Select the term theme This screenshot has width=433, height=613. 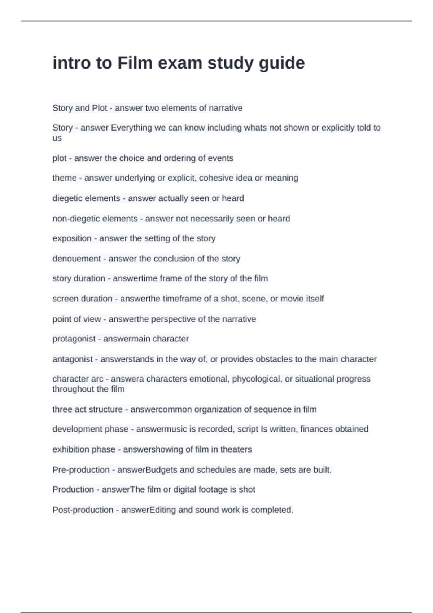click(64, 178)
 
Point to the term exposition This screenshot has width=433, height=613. click(72, 238)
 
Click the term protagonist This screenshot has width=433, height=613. click(74, 339)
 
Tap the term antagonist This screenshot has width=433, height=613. click(72, 359)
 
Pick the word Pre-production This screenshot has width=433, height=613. click(81, 470)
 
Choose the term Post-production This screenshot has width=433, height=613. click(83, 510)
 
